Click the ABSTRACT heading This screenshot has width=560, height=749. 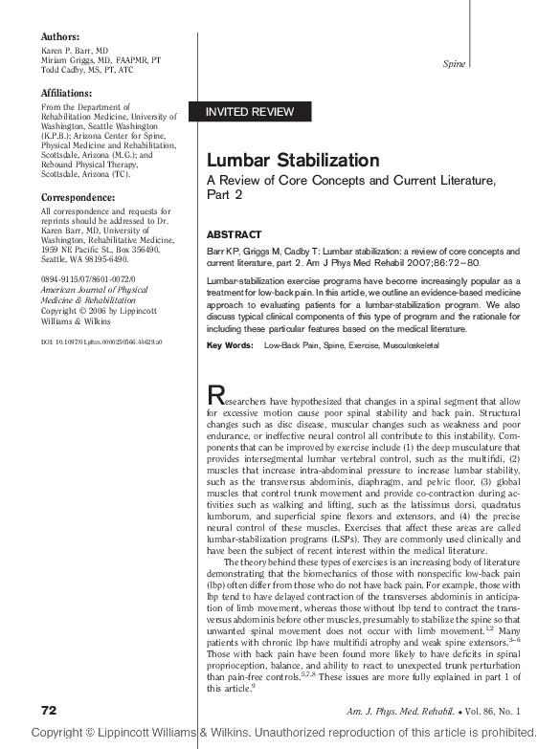(235, 234)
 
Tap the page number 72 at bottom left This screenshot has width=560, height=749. (49, 712)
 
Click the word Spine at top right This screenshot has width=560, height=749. (455, 64)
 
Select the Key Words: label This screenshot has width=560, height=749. (230, 344)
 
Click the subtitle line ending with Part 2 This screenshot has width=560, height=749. (226, 195)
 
